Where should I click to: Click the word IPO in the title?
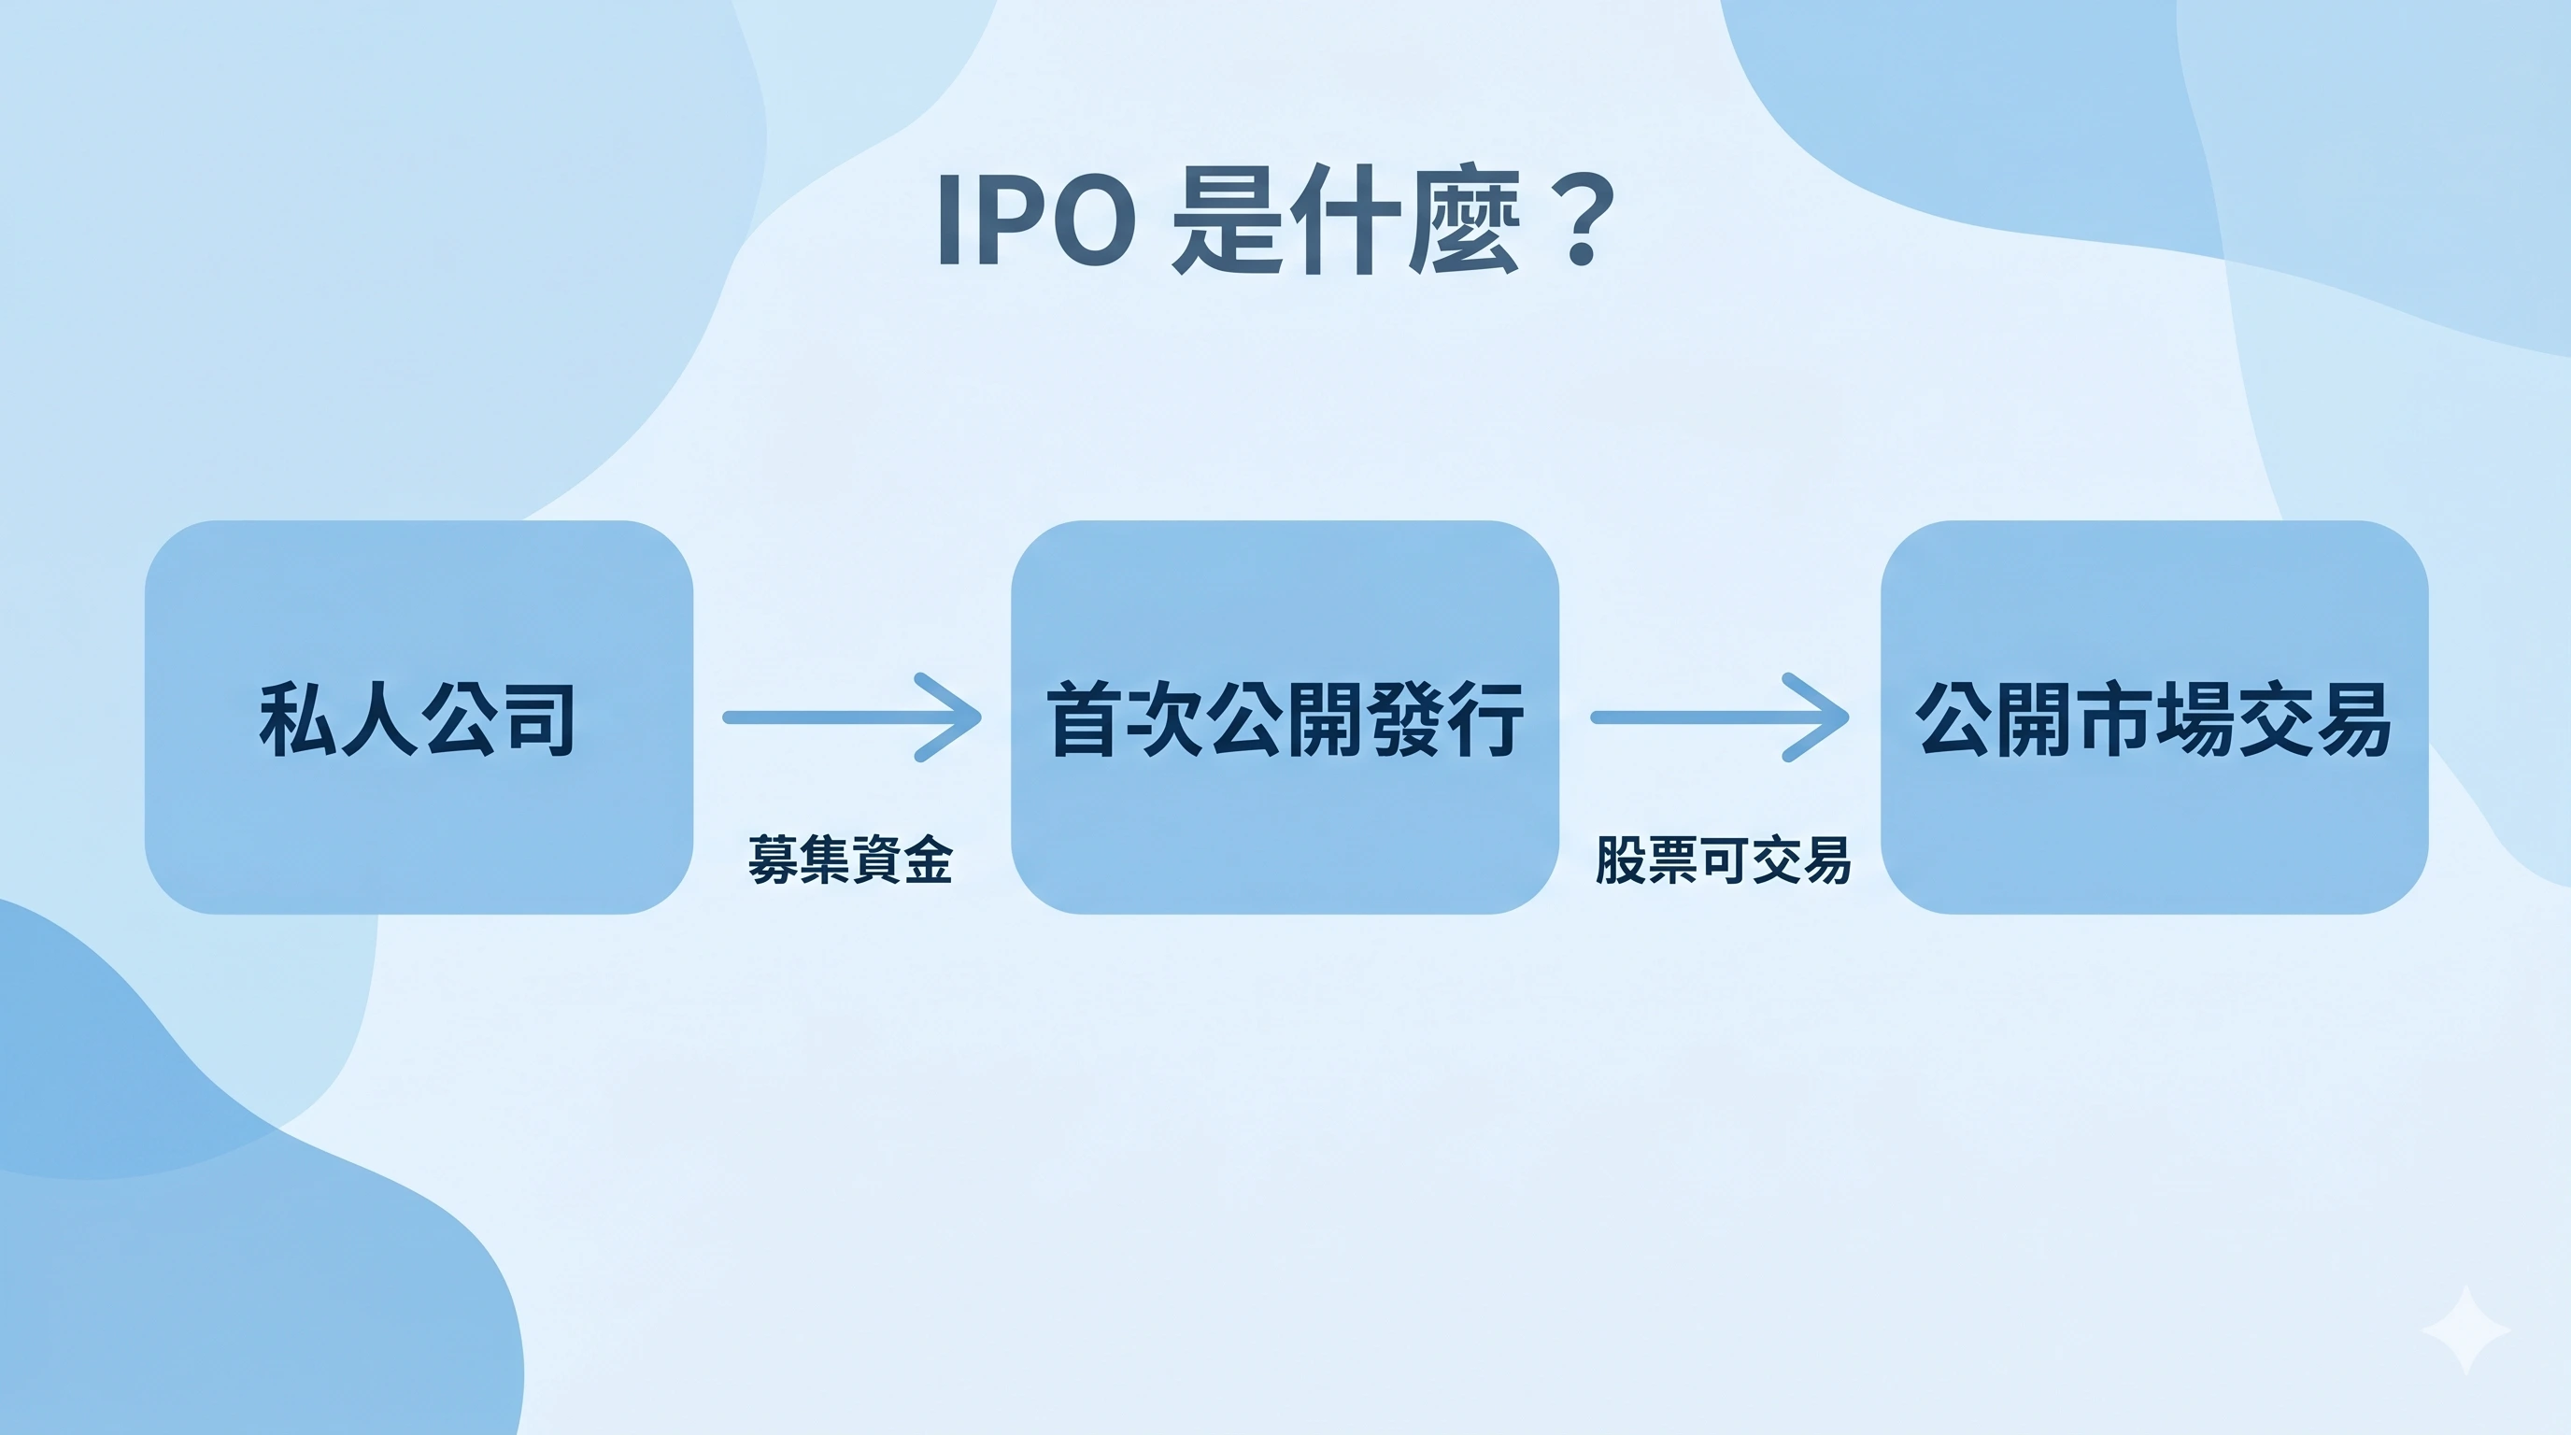(1036, 221)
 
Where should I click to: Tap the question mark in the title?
(1580, 221)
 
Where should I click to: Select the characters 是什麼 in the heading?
(1344, 221)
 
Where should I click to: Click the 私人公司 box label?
(418, 719)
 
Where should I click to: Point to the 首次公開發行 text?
(1285, 719)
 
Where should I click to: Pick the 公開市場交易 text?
(2153, 719)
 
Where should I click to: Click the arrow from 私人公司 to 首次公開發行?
(851, 717)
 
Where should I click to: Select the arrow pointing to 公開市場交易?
(1719, 717)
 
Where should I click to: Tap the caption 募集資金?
(850, 860)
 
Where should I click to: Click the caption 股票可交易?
(1724, 860)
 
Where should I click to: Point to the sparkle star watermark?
(2465, 1330)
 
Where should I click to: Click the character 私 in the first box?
(296, 719)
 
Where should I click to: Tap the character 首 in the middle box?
(1085, 719)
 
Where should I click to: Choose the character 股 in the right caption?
(1621, 860)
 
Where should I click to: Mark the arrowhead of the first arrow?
(953, 717)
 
